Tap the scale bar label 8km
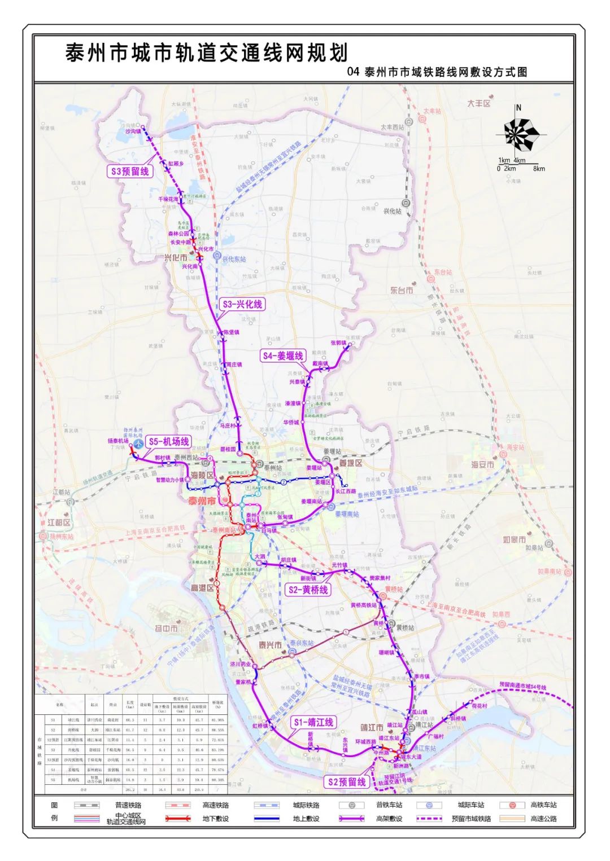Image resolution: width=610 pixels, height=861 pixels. point(539,168)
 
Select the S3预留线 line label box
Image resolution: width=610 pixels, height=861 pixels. point(130,171)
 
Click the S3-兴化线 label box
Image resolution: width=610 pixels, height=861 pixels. point(242,304)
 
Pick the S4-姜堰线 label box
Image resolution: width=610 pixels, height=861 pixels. point(283,355)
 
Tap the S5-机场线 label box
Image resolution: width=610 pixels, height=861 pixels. point(168,442)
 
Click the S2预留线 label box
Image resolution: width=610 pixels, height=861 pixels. point(347,781)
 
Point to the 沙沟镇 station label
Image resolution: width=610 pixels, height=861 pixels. point(133,131)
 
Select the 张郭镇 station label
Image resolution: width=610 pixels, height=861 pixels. point(338,342)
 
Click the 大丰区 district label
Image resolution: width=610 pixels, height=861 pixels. point(479,104)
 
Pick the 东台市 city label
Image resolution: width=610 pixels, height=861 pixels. point(402,290)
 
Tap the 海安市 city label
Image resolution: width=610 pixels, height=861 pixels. point(483,464)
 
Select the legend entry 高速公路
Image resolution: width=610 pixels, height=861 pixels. point(544,818)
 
